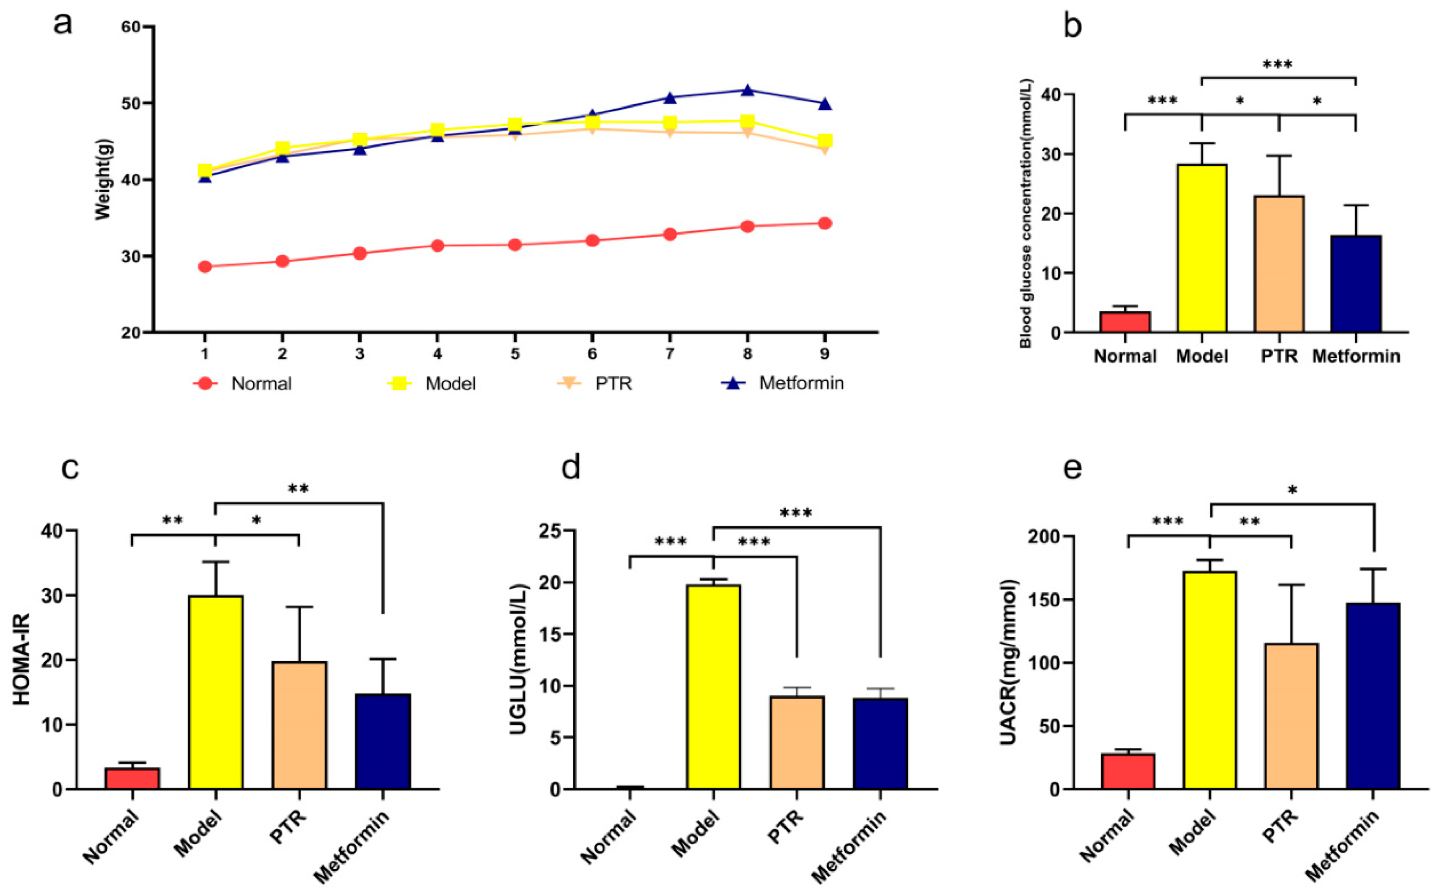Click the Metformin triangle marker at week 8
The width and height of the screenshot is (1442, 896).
[x=747, y=90]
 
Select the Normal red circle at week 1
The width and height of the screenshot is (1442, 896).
[x=205, y=267]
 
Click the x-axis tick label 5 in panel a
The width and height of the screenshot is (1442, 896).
[x=515, y=354]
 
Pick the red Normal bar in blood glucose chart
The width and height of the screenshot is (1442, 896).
[x=1125, y=322]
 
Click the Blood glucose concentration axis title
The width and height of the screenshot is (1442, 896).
[x=1026, y=213]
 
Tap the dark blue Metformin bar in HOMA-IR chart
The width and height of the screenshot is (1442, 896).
[x=383, y=741]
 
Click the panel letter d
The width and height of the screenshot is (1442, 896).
[x=570, y=468]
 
